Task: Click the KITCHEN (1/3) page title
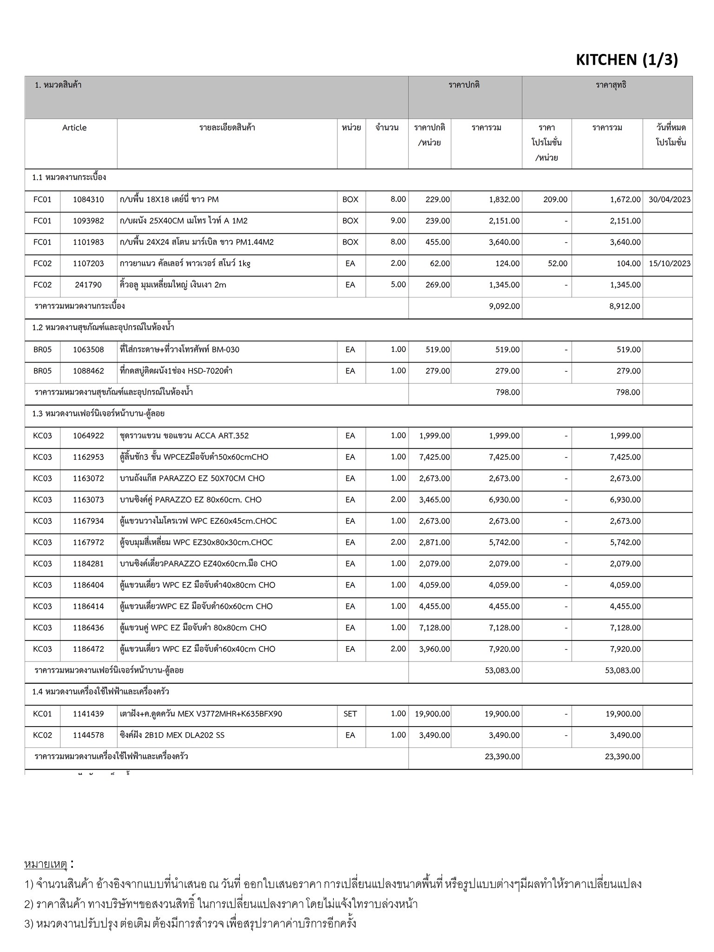[x=627, y=60]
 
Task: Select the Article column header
[x=74, y=128]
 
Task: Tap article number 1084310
[x=88, y=199]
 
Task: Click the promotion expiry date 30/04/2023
[x=669, y=199]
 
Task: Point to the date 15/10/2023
[x=669, y=264]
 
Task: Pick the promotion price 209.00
[x=555, y=199]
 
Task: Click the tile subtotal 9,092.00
[x=504, y=306]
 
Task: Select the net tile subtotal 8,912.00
[x=625, y=306]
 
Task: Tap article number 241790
[x=88, y=285]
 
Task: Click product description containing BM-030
[x=179, y=350]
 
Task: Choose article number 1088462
[x=88, y=371]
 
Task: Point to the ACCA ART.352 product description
[x=184, y=436]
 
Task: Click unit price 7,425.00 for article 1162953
[x=434, y=457]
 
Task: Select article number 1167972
[x=88, y=542]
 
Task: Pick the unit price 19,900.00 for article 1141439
[x=432, y=714]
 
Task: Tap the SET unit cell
[x=350, y=714]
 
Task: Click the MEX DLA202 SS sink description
[x=172, y=735]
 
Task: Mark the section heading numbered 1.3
[x=98, y=413]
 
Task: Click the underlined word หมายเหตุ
[x=46, y=864]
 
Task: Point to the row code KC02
[x=42, y=735]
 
